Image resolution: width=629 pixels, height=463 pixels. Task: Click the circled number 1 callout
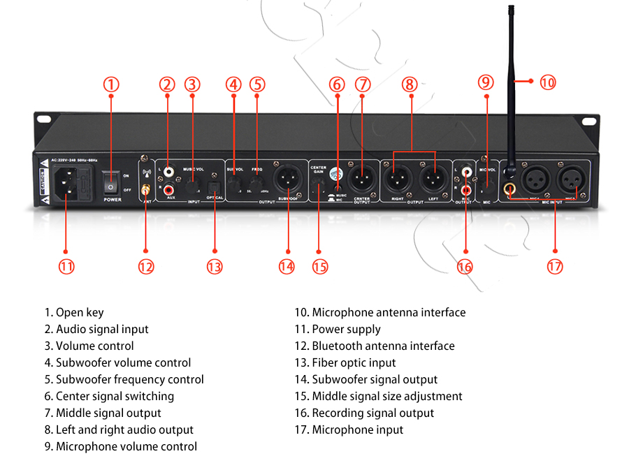click(111, 84)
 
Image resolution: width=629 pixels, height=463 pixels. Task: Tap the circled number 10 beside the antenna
click(548, 82)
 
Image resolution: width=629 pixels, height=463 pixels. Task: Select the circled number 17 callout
click(555, 266)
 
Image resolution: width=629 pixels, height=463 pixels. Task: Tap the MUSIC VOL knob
click(192, 184)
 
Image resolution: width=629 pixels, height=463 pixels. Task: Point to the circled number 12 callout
click(145, 266)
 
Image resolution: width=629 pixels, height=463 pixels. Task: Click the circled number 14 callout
click(287, 266)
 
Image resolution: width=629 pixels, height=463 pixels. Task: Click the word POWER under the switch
click(112, 199)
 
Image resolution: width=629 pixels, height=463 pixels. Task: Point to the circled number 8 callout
click(410, 84)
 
